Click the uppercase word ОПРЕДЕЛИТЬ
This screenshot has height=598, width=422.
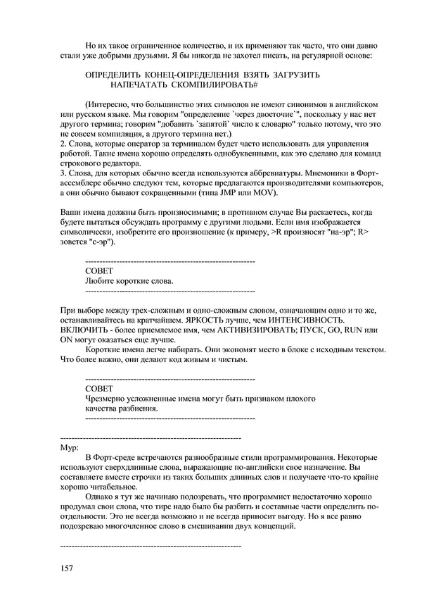[111, 75]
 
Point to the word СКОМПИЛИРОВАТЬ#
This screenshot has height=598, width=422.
[215, 85]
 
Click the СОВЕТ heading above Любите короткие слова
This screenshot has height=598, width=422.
[98, 271]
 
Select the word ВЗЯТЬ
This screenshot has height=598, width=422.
[228, 75]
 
